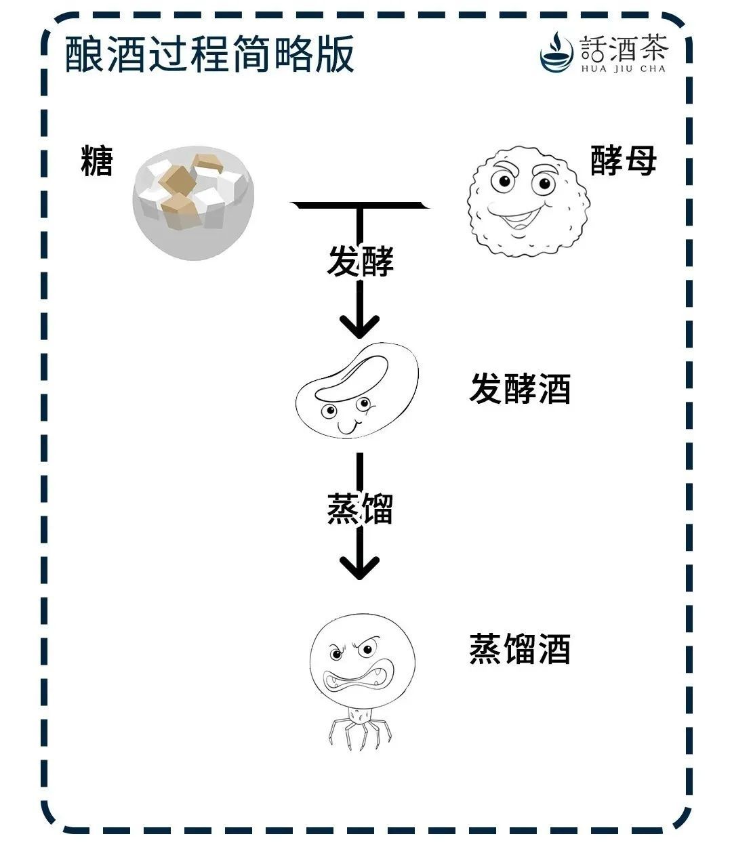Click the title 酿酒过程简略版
pos(209,54)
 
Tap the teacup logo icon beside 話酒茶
pos(557,51)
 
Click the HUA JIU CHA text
pos(624,68)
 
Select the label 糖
pos(96,161)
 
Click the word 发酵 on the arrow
pos(360,262)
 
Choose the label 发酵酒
pos(520,390)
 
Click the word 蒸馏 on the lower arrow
pos(360,509)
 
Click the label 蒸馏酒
pos(520,648)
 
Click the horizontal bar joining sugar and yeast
pos(360,203)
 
